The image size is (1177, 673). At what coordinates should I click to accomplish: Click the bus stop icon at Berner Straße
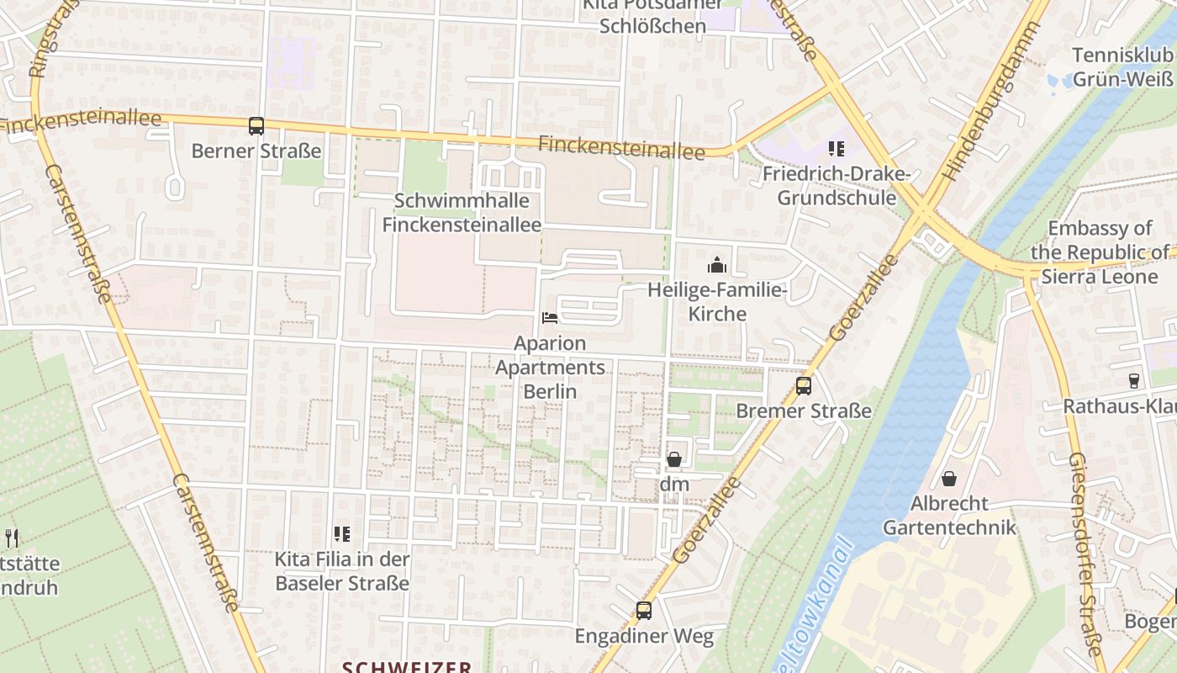point(256,126)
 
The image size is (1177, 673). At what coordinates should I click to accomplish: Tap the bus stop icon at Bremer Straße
point(804,386)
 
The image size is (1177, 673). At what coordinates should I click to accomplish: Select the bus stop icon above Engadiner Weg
point(644,611)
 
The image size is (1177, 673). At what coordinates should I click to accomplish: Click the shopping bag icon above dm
point(674,459)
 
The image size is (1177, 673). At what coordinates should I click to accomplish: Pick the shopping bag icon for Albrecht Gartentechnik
point(949,479)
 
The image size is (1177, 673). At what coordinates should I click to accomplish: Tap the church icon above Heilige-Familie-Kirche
point(717,266)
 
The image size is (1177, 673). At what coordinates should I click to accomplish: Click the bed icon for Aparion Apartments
point(550,318)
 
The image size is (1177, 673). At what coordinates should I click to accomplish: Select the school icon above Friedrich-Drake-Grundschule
point(836,149)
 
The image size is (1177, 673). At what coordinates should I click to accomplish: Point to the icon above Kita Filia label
point(341,533)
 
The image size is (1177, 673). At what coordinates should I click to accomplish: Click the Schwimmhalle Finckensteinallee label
point(462,213)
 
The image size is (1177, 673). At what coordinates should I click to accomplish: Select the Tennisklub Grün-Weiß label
point(1122,67)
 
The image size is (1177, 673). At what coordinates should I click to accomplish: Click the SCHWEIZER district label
point(407,666)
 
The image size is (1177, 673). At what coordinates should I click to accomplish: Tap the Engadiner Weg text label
point(644,637)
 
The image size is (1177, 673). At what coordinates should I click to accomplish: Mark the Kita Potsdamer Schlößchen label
point(652,17)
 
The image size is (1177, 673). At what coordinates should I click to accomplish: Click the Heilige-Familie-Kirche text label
point(717,302)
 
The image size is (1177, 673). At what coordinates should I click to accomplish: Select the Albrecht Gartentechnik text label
point(949,516)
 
